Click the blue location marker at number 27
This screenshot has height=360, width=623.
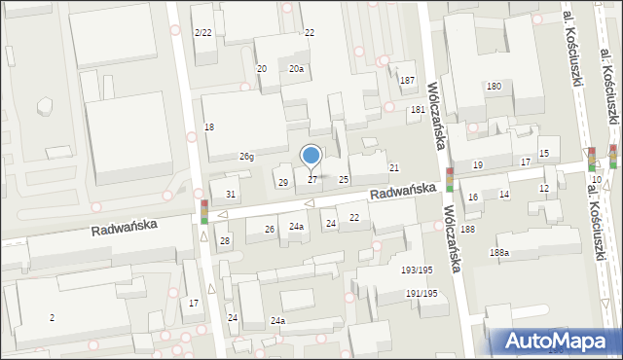point(311,155)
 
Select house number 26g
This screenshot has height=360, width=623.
point(247,157)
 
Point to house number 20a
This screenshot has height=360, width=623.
point(296,69)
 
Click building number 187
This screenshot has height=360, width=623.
point(407,80)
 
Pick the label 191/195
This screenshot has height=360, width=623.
point(421,293)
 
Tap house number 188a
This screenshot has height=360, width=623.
point(499,253)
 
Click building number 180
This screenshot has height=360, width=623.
point(495,87)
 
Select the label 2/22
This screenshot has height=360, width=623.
point(202,33)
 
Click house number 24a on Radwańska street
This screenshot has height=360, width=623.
point(296,227)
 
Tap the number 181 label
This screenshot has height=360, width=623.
point(418,110)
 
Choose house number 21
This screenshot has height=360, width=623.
point(394,168)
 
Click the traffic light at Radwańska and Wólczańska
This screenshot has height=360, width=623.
point(450,180)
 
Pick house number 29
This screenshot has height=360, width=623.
point(283,183)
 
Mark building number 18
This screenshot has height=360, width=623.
point(209,127)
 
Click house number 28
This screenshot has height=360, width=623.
point(224,240)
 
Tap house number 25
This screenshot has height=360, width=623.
point(344,180)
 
